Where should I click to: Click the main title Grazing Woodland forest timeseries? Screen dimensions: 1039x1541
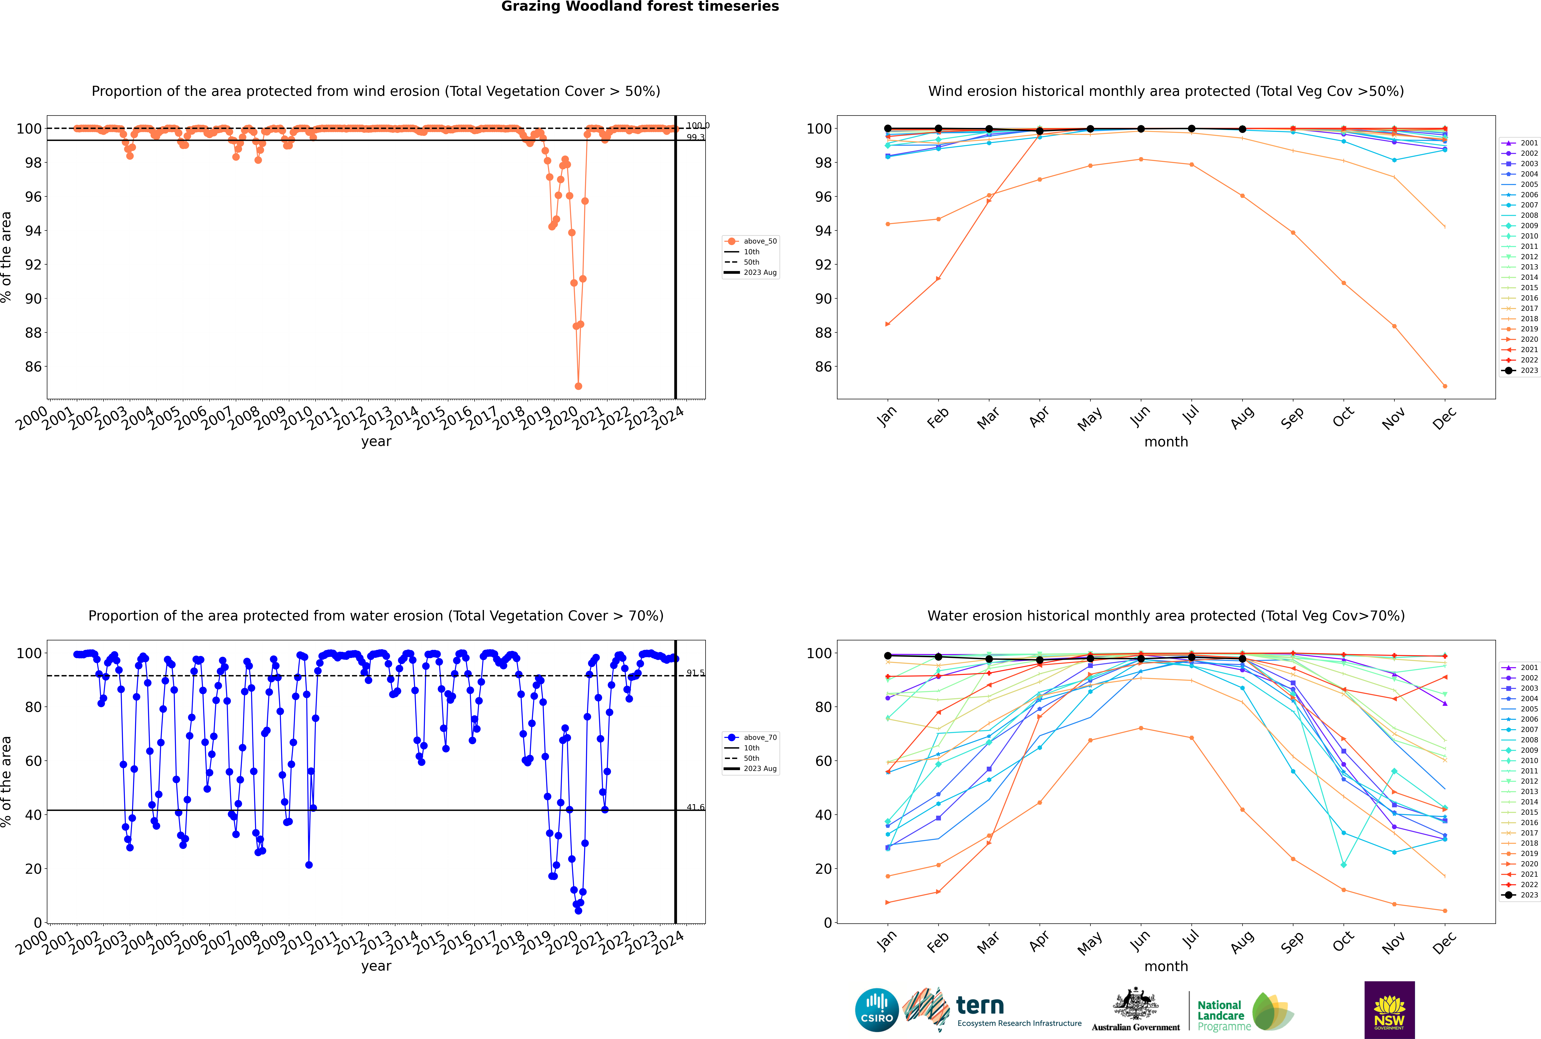pos(640,7)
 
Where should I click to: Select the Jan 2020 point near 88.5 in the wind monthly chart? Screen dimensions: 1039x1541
pos(888,324)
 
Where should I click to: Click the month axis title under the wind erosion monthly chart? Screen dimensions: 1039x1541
pos(1166,442)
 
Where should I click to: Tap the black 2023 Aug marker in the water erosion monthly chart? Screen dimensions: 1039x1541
pos(1242,659)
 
